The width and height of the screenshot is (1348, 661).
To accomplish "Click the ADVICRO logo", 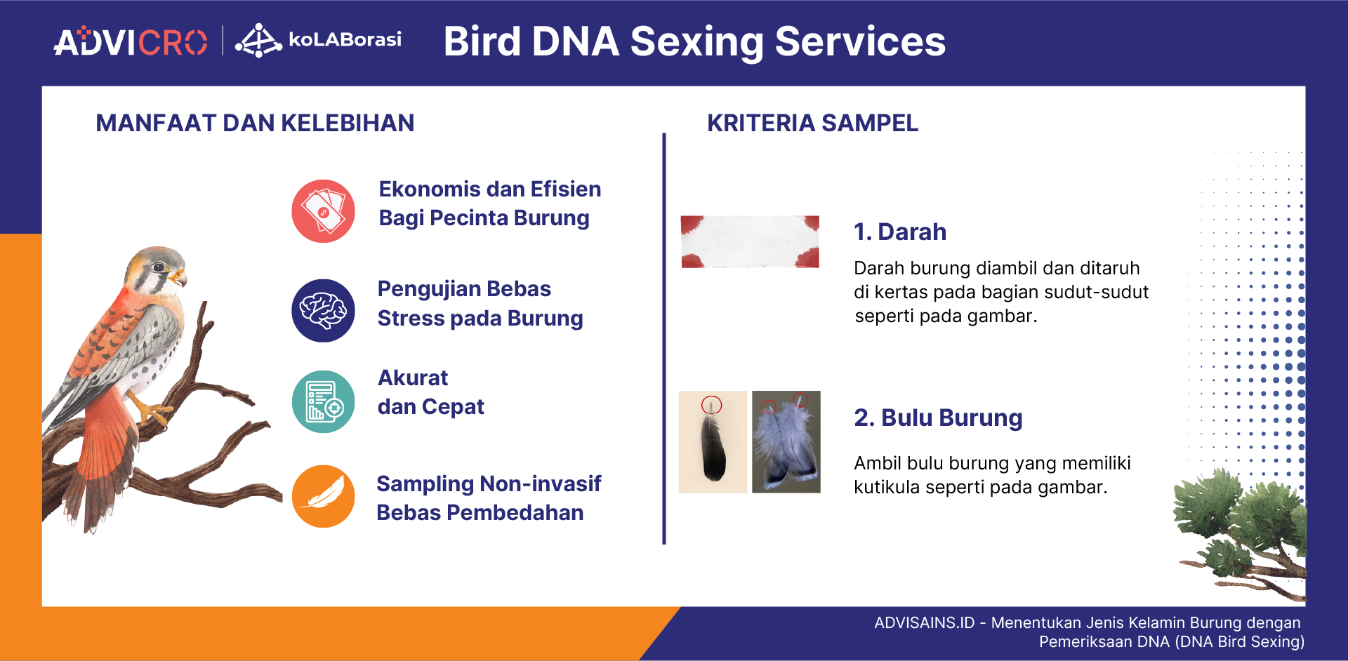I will [131, 42].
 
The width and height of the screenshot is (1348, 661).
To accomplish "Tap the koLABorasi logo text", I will [344, 39].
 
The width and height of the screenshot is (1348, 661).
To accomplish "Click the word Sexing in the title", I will [696, 42].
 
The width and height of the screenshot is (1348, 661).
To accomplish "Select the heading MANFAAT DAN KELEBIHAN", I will [255, 123].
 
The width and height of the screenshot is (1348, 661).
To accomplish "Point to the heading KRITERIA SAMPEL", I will [812, 123].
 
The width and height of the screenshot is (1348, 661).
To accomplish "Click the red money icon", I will [323, 211].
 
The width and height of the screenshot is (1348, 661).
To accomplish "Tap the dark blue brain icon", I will [323, 310].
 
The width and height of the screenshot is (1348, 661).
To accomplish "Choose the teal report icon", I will [323, 401].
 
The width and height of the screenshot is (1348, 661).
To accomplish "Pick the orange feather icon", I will [323, 496].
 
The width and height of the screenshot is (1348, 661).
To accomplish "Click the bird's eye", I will [159, 267].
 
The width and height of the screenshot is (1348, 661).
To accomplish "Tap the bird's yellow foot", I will [152, 412].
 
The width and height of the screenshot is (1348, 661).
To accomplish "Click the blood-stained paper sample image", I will [750, 241].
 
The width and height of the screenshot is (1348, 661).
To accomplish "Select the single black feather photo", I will [713, 442].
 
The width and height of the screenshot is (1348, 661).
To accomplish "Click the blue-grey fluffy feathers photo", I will [786, 442].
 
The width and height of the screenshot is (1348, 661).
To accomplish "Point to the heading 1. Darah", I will [899, 232].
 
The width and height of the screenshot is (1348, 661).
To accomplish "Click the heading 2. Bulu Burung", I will [937, 418].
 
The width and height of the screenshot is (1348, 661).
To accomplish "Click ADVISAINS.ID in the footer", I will [924, 623].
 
